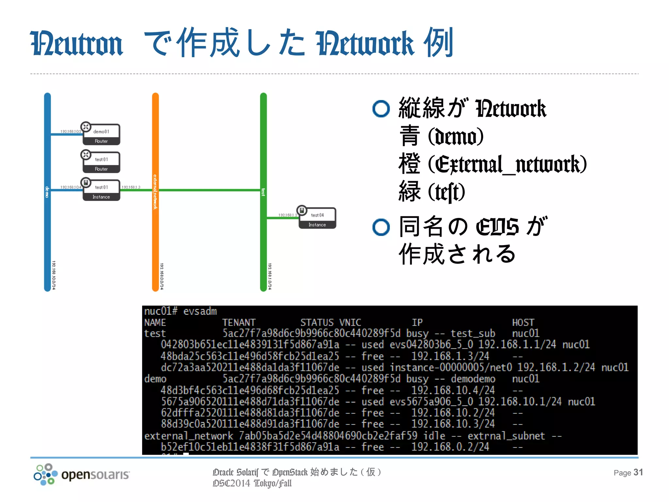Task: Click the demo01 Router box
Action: (x=101, y=135)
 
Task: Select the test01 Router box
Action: (x=101, y=162)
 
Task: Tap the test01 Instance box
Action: (x=101, y=191)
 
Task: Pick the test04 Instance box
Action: (x=317, y=218)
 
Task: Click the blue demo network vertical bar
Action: (x=47, y=229)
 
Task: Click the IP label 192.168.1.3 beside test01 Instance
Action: (x=131, y=187)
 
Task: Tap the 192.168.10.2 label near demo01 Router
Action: (x=71, y=131)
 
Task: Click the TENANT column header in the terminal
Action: (x=239, y=323)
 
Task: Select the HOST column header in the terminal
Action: (x=523, y=323)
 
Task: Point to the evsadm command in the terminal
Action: (x=200, y=311)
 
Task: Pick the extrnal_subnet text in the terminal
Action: (x=506, y=436)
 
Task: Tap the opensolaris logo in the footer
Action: (x=82, y=474)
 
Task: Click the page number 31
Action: (x=638, y=472)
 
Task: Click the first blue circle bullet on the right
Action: (x=381, y=109)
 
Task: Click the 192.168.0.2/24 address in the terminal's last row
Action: (x=450, y=447)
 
